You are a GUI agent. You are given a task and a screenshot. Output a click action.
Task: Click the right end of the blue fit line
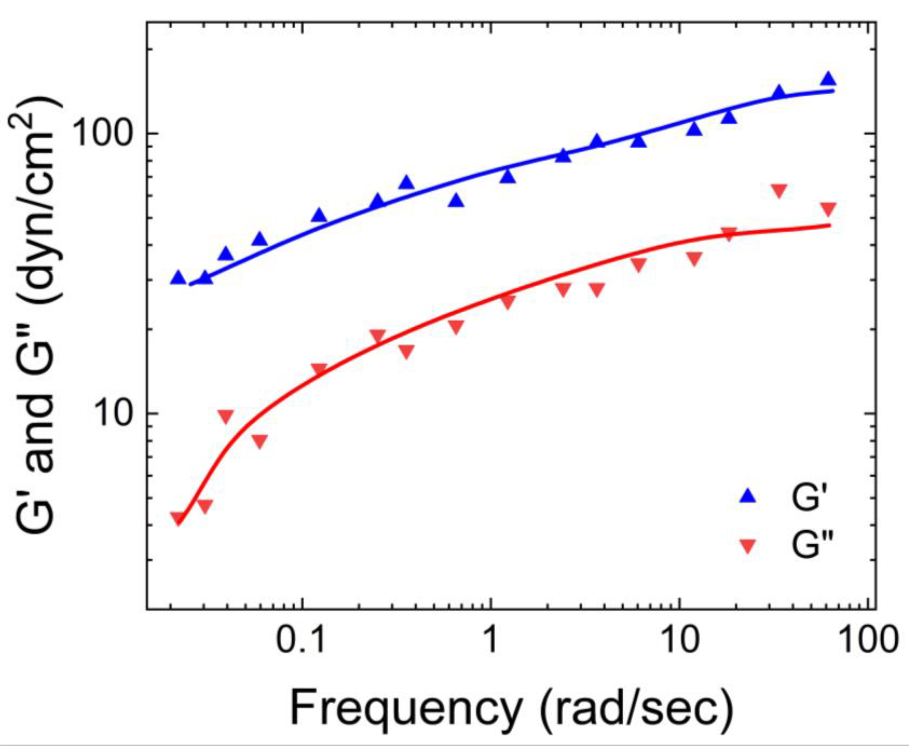833,90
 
